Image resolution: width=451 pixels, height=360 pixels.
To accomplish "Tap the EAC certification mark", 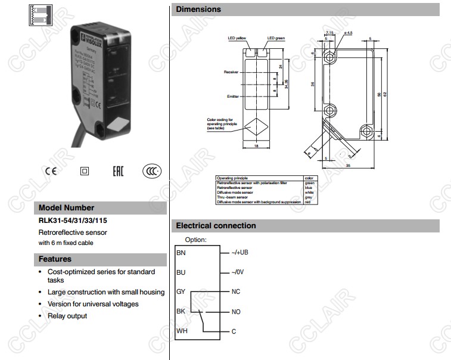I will [118, 171].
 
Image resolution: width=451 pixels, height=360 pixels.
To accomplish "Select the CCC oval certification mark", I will [152, 171].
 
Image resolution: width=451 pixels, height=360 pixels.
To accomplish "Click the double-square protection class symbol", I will [84, 171].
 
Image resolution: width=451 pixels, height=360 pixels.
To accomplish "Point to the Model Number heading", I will [66, 208].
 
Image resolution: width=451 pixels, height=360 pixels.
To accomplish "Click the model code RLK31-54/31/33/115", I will [73, 220].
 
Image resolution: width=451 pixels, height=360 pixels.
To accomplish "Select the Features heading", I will [55, 259].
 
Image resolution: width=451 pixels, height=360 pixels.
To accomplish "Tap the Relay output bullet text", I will [67, 316].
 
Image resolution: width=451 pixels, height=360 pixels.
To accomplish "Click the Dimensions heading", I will [198, 9].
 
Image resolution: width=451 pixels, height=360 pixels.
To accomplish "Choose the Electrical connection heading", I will [216, 226].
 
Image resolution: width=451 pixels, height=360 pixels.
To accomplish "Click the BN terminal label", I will [181, 253].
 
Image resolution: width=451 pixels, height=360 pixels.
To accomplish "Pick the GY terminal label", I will [181, 291].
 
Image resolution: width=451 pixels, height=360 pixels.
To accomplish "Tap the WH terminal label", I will [181, 331].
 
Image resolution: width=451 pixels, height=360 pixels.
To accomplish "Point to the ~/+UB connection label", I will [240, 253].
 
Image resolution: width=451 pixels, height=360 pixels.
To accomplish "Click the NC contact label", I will [236, 291].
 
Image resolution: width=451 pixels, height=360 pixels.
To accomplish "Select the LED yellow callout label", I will [237, 38].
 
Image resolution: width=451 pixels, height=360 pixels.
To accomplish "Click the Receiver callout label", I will [231, 72].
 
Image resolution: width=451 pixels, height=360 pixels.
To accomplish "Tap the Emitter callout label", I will [232, 96].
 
